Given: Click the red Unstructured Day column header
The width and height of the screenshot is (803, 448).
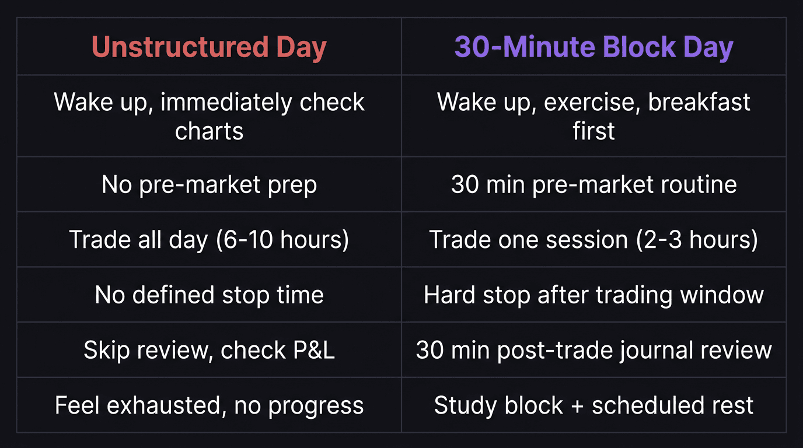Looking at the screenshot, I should pyautogui.click(x=209, y=47).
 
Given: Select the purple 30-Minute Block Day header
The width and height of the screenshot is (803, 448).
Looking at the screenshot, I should pyautogui.click(x=593, y=47).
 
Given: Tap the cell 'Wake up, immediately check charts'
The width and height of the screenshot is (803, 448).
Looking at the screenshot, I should pyautogui.click(x=209, y=116).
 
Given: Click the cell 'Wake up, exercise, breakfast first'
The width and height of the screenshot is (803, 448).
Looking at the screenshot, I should pyautogui.click(x=593, y=116).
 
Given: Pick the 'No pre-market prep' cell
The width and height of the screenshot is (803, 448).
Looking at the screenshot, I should pyautogui.click(x=209, y=185).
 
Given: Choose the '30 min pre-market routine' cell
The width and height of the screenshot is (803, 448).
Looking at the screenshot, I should pyautogui.click(x=593, y=185).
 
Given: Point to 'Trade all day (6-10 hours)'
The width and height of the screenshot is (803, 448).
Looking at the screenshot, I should pyautogui.click(x=209, y=240).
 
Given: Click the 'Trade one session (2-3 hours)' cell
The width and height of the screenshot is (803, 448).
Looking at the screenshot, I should pyautogui.click(x=593, y=240).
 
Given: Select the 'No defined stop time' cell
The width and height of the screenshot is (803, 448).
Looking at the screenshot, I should pyautogui.click(x=209, y=295).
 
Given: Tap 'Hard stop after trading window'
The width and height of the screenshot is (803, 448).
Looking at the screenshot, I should pyautogui.click(x=593, y=295).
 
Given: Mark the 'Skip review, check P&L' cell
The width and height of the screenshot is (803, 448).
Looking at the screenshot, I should pyautogui.click(x=209, y=350).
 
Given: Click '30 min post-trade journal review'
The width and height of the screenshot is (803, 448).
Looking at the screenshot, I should pyautogui.click(x=593, y=350).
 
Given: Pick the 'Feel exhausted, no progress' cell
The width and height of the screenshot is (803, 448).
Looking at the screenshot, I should pyautogui.click(x=209, y=405).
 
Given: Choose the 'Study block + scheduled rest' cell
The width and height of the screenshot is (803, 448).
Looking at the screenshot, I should pyautogui.click(x=593, y=405).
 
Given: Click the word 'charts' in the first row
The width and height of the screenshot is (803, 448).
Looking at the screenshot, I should pyautogui.click(x=209, y=131).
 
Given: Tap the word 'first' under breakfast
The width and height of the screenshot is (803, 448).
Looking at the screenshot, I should pyautogui.click(x=593, y=131).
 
